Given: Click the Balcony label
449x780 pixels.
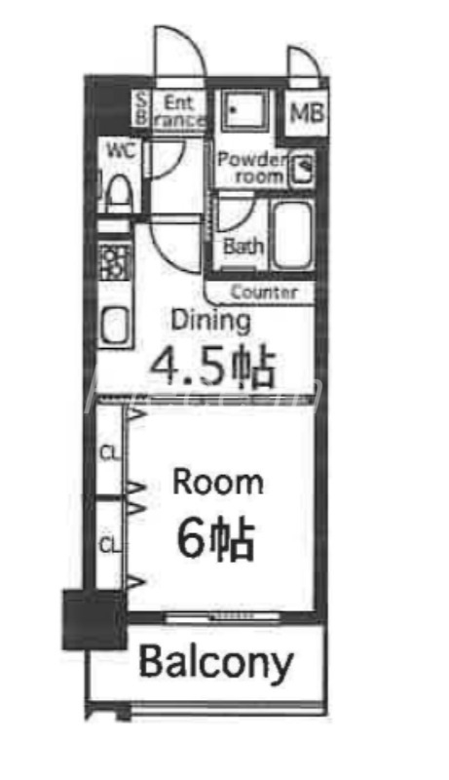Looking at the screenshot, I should (x=215, y=663).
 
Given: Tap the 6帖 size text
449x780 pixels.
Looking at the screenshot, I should (x=215, y=538).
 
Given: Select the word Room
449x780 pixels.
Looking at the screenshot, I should (x=217, y=482).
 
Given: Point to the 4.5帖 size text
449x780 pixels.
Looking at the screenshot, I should (x=210, y=367).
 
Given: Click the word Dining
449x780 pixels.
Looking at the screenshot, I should (x=210, y=320).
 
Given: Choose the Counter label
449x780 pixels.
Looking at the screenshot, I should (x=264, y=292).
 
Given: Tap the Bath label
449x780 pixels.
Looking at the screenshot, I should (x=243, y=247).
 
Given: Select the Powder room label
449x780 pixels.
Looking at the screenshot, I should (x=251, y=168).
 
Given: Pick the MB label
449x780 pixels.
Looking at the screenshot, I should (x=305, y=111).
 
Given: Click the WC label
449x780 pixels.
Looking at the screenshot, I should (x=120, y=150).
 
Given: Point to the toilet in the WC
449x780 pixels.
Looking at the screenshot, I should (x=120, y=189).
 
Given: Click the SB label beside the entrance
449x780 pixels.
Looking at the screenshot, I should (x=140, y=108).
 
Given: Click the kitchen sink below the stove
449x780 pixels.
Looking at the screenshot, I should (x=114, y=326).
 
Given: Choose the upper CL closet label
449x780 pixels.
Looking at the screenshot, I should (x=110, y=450).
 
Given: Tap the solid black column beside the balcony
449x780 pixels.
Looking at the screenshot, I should (x=93, y=619).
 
